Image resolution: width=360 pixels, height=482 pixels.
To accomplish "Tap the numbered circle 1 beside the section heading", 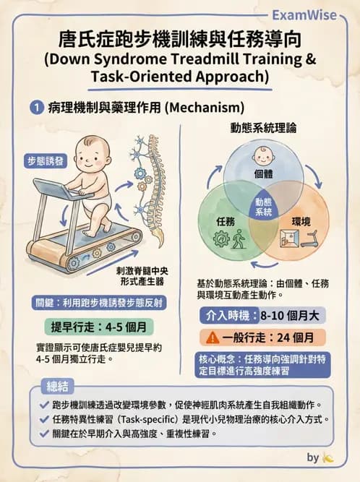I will pyautogui.click(x=35, y=107).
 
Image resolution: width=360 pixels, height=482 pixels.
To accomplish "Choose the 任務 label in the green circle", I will pyautogui.click(x=225, y=220).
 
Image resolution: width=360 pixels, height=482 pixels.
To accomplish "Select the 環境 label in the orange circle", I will pyautogui.click(x=301, y=220).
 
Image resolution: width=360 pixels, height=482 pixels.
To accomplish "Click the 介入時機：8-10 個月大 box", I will pyautogui.click(x=262, y=315).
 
